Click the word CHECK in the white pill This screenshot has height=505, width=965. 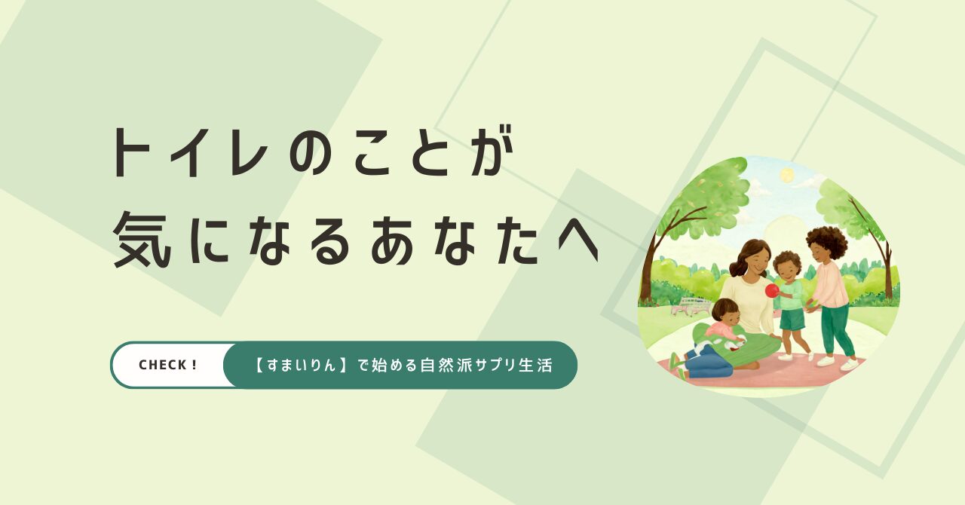coord(161,366)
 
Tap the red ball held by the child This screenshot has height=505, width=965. coord(771,290)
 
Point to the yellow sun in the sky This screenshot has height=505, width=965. coord(787,175)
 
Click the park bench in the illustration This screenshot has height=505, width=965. coord(691,306)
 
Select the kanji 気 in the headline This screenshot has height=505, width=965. coord(140,240)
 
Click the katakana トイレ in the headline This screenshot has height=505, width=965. coord(189,151)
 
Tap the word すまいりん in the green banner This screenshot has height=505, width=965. coord(301,366)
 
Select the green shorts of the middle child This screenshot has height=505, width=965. coord(792,319)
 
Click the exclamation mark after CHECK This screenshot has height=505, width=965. coord(195,366)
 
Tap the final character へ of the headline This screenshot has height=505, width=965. coord(578,244)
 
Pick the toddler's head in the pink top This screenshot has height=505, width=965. coord(725,313)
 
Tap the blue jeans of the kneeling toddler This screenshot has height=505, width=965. coord(706,365)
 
